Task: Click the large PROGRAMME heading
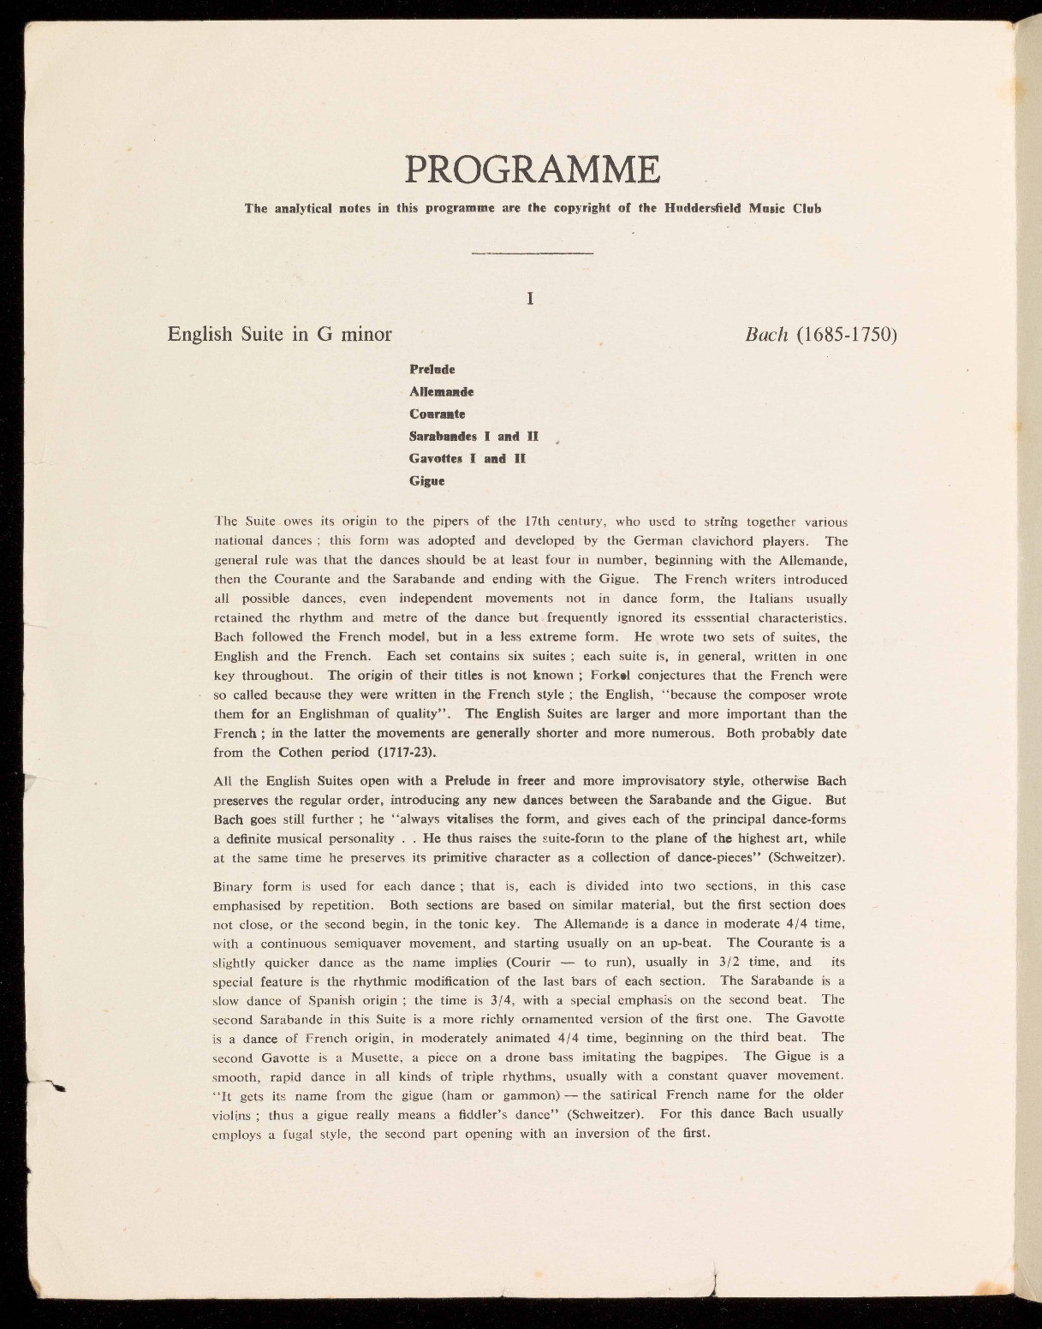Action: pyautogui.click(x=532, y=169)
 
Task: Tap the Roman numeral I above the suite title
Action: pyautogui.click(x=531, y=299)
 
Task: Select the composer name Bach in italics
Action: pyautogui.click(x=766, y=334)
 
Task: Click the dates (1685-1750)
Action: pyautogui.click(x=846, y=334)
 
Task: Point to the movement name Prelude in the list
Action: pyautogui.click(x=432, y=369)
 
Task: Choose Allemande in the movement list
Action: pyautogui.click(x=441, y=391)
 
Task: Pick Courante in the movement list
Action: pyautogui.click(x=437, y=414)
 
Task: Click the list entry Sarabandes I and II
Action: pyautogui.click(x=473, y=436)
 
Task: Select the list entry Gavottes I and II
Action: pyautogui.click(x=467, y=458)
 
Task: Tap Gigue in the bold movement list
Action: pyautogui.click(x=426, y=480)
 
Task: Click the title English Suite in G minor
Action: pyautogui.click(x=279, y=334)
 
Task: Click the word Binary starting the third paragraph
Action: pyautogui.click(x=233, y=886)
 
